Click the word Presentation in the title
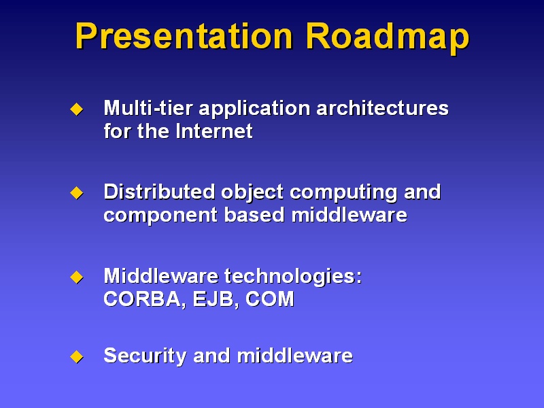pos(184,37)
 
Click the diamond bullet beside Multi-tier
pos(77,109)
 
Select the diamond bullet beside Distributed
pos(77,193)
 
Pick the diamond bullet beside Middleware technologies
pos(77,277)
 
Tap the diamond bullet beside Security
pos(77,356)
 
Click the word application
pos(254,109)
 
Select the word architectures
pos(383,108)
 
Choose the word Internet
pos(214,131)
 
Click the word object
pos(252,193)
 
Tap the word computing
pos(344,193)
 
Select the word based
pos(254,215)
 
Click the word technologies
pos(293,277)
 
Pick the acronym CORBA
pos(143,299)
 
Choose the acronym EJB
pos(216,299)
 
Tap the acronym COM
pos(269,299)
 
